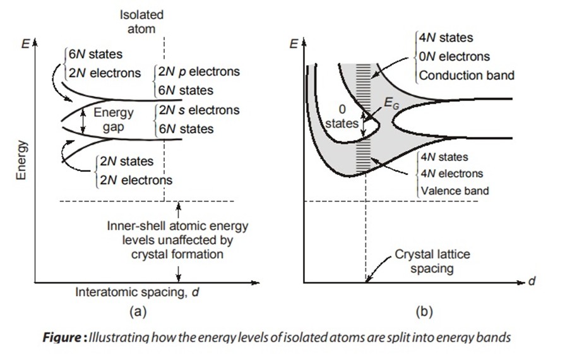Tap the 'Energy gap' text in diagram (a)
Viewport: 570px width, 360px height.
pyautogui.click(x=114, y=119)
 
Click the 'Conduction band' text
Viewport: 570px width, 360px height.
pyautogui.click(x=467, y=75)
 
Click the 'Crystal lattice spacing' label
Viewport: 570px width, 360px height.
pyautogui.click(x=432, y=261)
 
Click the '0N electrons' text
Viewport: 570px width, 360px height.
pyautogui.click(x=454, y=56)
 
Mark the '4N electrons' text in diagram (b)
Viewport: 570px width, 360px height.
pyautogui.click(x=452, y=174)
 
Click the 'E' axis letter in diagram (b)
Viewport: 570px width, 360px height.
pyautogui.click(x=293, y=44)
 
